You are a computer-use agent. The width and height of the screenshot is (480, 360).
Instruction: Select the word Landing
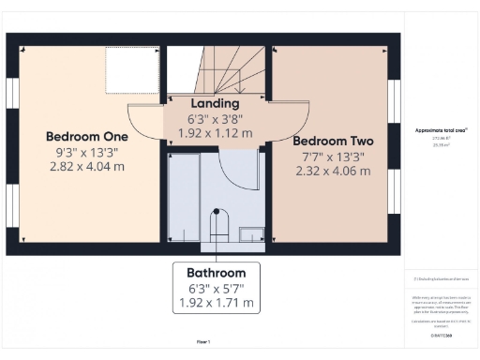tap(216, 103)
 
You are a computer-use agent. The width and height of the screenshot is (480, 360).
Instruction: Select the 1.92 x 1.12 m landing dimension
tap(216, 133)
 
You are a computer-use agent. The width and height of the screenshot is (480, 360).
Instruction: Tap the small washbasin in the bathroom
tap(250, 234)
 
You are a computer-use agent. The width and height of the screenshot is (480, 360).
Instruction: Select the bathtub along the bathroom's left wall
tap(182, 197)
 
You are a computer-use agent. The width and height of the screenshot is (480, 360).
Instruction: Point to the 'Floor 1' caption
tap(202, 342)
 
